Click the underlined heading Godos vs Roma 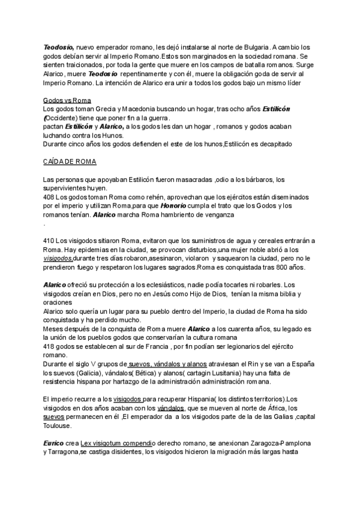pyautogui.click(x=67, y=100)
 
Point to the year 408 pyautogui.click(x=50, y=197)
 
